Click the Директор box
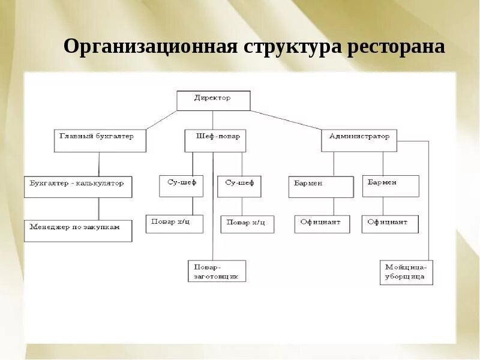pyautogui.click(x=213, y=100)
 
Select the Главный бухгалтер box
pyautogui.click(x=100, y=141)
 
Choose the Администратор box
pyautogui.click(x=359, y=141)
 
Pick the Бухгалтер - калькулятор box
pyautogui.click(x=78, y=187)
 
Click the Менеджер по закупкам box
pyautogui.click(x=78, y=231)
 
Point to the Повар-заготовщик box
pyautogui.click(x=217, y=271)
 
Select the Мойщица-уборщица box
pyautogui.click(x=406, y=272)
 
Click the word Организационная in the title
pyautogui.click(x=151, y=47)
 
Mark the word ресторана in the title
pyautogui.click(x=396, y=47)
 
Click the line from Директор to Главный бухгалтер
pyautogui.click(x=161, y=120)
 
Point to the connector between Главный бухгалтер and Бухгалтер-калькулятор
pyautogui.click(x=99, y=164)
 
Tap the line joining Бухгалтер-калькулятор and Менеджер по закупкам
pyautogui.click(x=99, y=209)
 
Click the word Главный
pyautogui.click(x=75, y=136)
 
